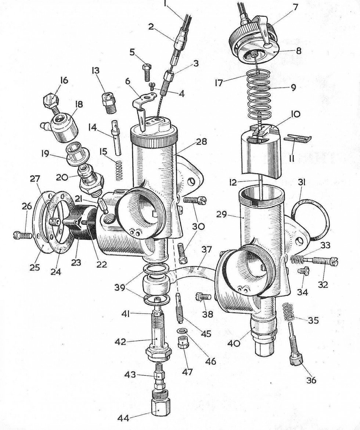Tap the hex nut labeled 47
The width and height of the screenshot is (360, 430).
click(182, 345)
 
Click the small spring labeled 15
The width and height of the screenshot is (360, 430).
click(118, 171)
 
